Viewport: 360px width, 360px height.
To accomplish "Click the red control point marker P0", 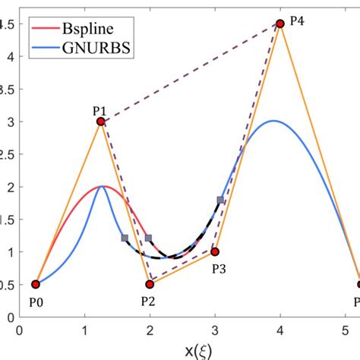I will tap(35, 284).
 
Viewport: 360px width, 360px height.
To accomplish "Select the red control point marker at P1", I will tap(100, 122).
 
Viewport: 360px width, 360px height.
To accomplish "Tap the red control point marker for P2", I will tap(150, 284).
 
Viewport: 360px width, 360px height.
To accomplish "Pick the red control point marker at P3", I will tap(215, 251).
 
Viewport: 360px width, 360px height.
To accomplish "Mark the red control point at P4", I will tap(280, 24).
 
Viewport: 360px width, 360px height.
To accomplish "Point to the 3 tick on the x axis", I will tap(215, 330).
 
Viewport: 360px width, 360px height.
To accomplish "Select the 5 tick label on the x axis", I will tap(346, 330).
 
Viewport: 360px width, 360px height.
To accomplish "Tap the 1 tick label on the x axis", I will tap(84, 330).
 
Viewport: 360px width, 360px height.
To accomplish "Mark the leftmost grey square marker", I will tap(125, 238).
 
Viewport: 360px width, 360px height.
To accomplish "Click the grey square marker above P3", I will tap(220, 200).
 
